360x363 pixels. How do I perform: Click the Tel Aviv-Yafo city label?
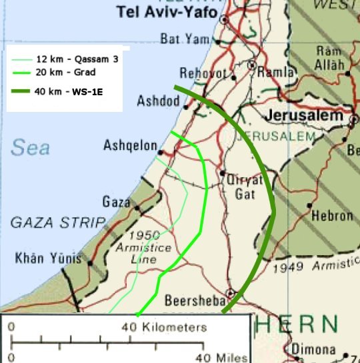coord(167,12)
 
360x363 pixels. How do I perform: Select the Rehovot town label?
coord(199,73)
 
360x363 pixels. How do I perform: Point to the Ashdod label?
coord(158,101)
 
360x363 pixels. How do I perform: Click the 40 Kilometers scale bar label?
coord(164,328)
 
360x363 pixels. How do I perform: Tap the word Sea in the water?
coord(30,147)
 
